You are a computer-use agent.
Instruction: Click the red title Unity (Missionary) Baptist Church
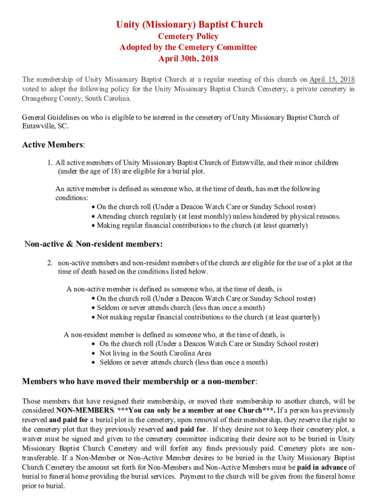click(x=188, y=25)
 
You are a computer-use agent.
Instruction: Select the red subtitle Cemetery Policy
click(x=188, y=36)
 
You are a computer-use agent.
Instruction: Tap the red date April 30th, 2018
click(x=188, y=59)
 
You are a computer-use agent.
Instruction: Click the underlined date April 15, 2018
click(x=332, y=80)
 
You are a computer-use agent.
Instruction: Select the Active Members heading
click(x=53, y=145)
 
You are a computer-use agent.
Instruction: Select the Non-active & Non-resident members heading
click(x=94, y=244)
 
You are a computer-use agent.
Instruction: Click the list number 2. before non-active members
click(x=50, y=263)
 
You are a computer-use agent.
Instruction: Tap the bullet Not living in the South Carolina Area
click(x=155, y=353)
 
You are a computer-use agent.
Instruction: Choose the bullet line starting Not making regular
click(x=208, y=317)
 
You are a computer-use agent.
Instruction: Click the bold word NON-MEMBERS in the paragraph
click(x=85, y=410)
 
